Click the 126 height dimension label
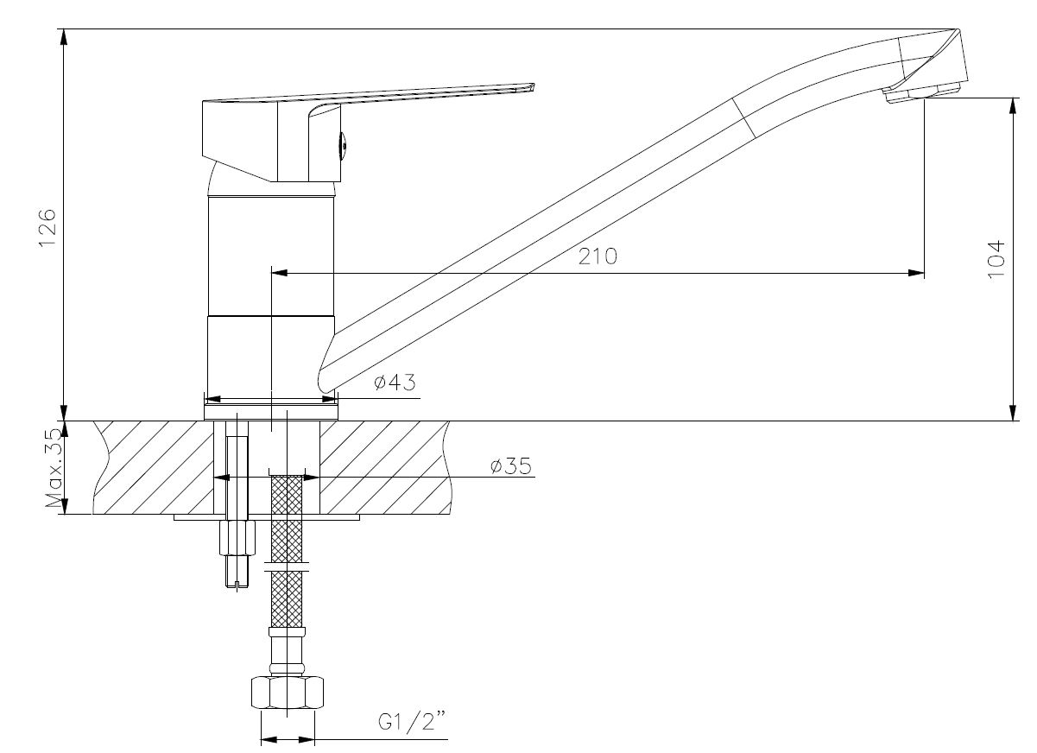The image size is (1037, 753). coord(47,228)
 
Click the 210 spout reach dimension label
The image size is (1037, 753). coord(598,256)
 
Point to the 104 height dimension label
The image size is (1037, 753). coord(996,259)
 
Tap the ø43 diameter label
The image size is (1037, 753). coord(395,382)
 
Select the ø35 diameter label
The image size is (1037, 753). coord(511,466)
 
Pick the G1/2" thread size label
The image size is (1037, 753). coord(413,722)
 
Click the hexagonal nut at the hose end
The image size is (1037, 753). coord(288,692)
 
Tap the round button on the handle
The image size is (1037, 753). coord(344,146)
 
